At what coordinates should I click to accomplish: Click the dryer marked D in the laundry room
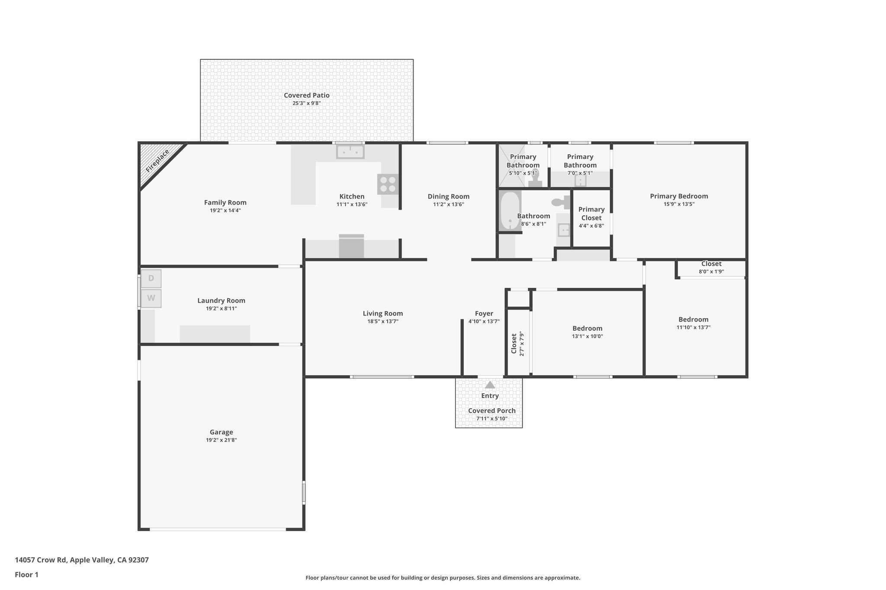coord(151,278)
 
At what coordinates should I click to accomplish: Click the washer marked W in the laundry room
coord(151,298)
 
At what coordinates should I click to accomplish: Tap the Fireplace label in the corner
coord(157,161)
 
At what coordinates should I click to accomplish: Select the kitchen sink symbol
coord(350,152)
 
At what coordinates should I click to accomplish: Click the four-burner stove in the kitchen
coord(388,184)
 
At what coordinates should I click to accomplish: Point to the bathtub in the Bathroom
coord(510,211)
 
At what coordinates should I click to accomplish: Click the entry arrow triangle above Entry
coord(490,385)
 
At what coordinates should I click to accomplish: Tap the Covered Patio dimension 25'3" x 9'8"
coord(306,103)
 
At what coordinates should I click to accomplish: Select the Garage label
coord(221,432)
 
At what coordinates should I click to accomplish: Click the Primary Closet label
coord(591,214)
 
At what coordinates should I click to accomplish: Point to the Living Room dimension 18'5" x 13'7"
coord(382,322)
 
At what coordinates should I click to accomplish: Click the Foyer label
coord(484,313)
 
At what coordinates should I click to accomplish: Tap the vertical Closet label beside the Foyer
coord(514,344)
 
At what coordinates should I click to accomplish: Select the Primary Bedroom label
coord(679,196)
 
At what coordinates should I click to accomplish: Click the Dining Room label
coord(448,196)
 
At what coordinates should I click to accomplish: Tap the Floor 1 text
coord(26,574)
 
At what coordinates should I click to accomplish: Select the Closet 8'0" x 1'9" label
coord(711,264)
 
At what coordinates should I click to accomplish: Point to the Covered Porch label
coord(491,411)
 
